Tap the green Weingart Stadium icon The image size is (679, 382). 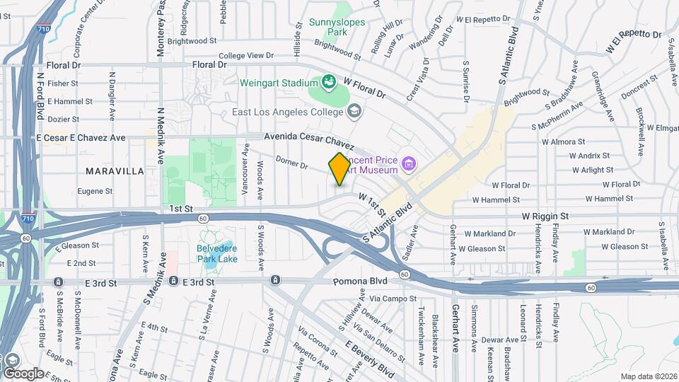coord(329,83)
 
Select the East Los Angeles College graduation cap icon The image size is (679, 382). coord(354,112)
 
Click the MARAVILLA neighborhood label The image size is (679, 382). coord(115,171)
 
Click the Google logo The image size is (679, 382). coord(23,373)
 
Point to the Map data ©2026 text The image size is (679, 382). coord(648,376)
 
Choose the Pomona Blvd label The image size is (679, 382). coord(357,281)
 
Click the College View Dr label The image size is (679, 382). coord(245,55)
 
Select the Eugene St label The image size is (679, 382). coord(95,191)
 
